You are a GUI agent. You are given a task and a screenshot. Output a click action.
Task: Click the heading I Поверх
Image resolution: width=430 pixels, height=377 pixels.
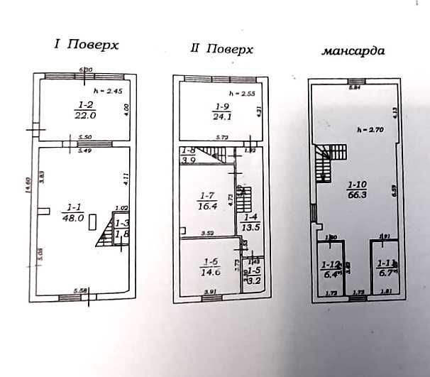86,45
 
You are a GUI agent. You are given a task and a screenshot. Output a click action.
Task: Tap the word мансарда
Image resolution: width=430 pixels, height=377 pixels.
354,51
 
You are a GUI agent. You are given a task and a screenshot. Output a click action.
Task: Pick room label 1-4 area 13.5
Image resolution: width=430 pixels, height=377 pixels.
252,223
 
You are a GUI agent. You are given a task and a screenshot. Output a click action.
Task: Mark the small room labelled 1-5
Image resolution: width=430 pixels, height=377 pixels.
253,276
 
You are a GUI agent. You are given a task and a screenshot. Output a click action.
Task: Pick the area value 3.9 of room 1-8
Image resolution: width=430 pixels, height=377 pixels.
188,160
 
